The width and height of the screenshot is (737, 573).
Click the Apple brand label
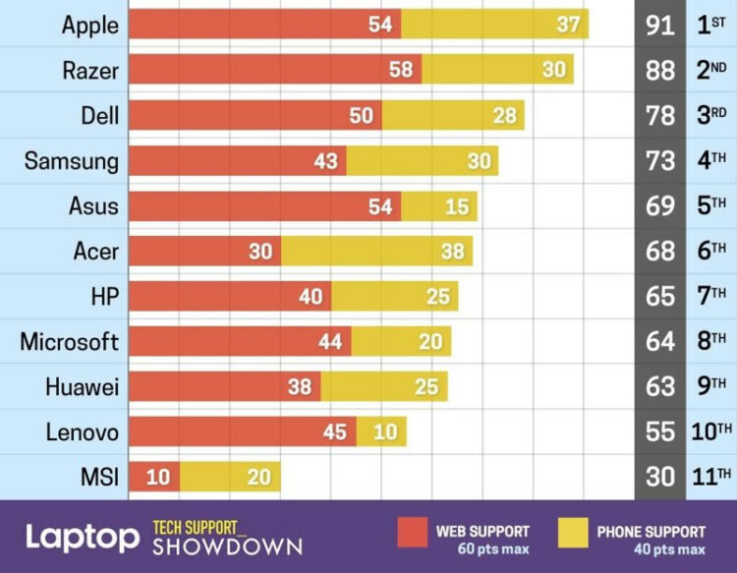click(x=89, y=25)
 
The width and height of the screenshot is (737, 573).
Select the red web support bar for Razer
click(x=274, y=70)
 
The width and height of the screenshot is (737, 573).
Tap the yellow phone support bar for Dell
click(x=453, y=115)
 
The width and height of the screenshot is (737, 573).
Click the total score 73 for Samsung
click(x=660, y=160)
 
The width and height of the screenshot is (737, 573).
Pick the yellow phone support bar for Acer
click(x=376, y=251)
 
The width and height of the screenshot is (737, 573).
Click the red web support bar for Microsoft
click(x=240, y=341)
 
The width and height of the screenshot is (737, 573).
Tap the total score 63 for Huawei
click(x=660, y=386)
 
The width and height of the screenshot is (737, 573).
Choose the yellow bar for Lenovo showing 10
click(x=381, y=431)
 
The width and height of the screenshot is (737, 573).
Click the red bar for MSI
click(x=152, y=477)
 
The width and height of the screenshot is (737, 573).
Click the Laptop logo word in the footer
click(x=83, y=538)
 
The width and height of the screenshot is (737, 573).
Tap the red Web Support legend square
click(x=412, y=532)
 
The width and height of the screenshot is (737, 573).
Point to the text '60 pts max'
click(x=492, y=548)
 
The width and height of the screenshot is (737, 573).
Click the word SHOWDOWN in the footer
click(x=227, y=546)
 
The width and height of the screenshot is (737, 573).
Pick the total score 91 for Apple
click(x=660, y=25)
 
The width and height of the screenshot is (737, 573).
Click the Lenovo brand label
click(x=82, y=431)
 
